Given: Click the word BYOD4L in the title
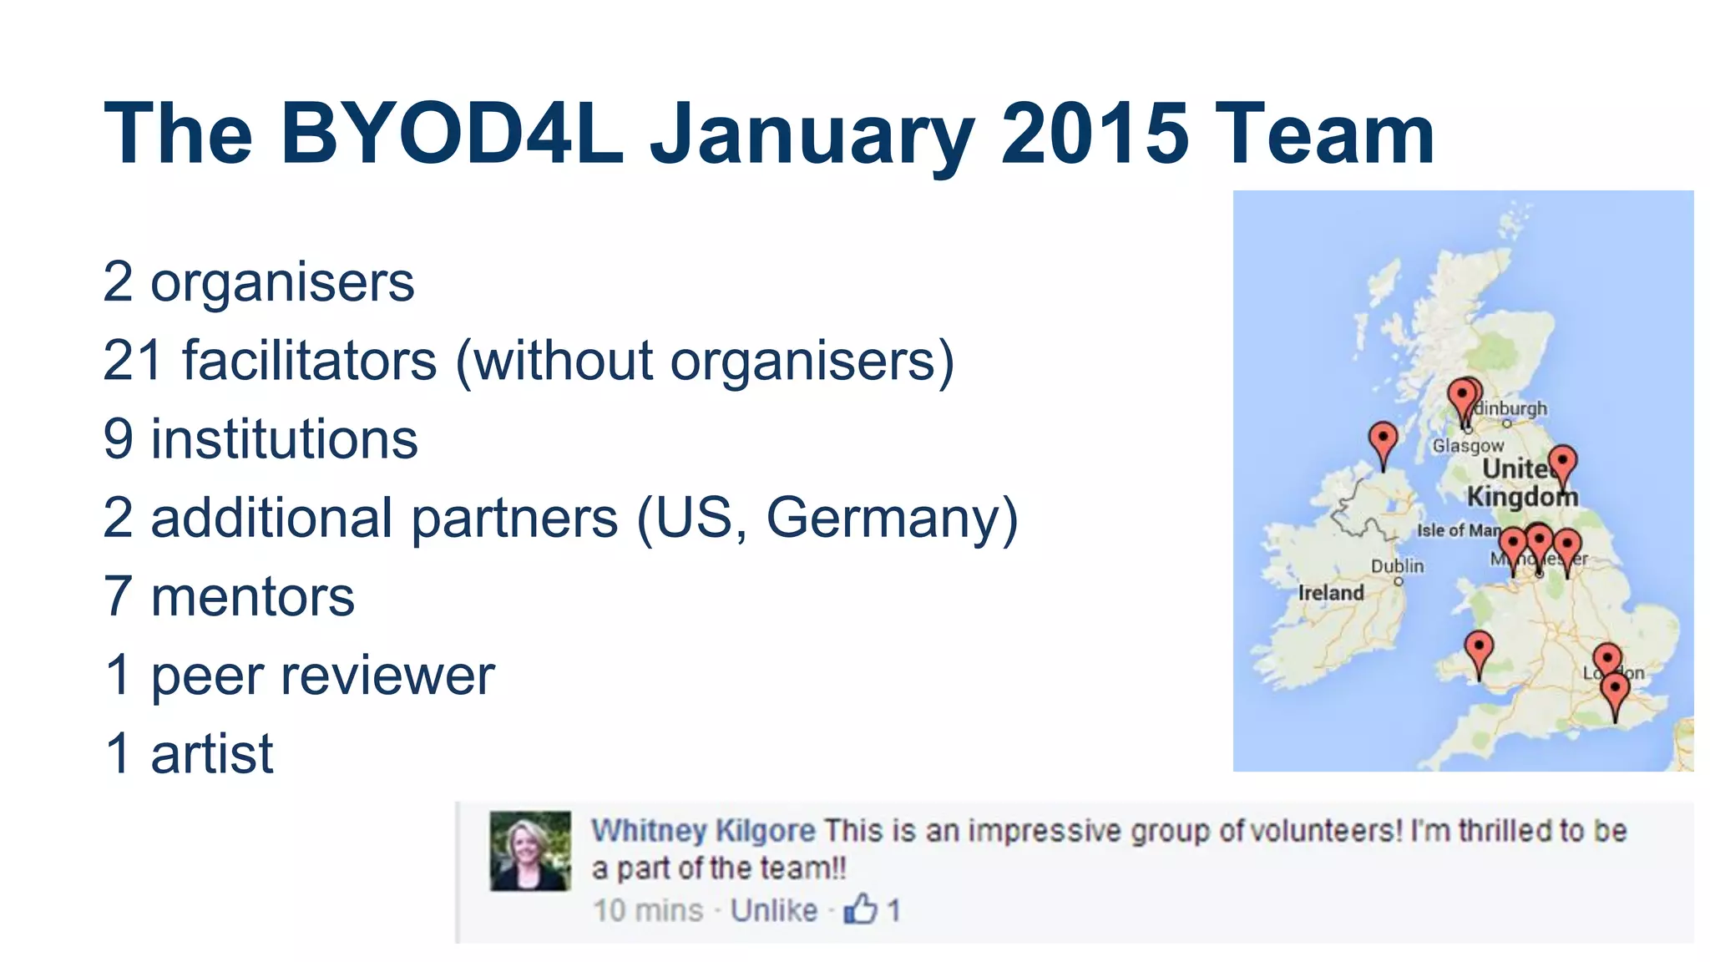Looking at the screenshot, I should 452,134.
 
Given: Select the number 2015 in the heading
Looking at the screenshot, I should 1095,134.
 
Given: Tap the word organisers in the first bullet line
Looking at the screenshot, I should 282,282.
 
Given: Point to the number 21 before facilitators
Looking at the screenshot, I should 132,361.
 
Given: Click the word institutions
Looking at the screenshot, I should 284,439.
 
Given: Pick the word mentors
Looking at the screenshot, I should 252,597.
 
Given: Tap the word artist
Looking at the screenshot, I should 211,754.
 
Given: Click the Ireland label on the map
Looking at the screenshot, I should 1331,593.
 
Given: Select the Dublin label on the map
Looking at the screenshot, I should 1397,565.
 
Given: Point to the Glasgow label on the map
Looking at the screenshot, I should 1468,446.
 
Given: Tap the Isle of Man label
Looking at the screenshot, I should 1458,530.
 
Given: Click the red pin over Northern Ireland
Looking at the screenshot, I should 1383,443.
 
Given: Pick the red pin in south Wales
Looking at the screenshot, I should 1479,651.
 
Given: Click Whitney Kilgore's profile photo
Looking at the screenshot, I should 530,850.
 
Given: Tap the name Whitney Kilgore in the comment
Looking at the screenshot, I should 703,831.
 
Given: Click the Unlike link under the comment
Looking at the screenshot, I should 773,910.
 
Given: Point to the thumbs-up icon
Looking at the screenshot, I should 860,909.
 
